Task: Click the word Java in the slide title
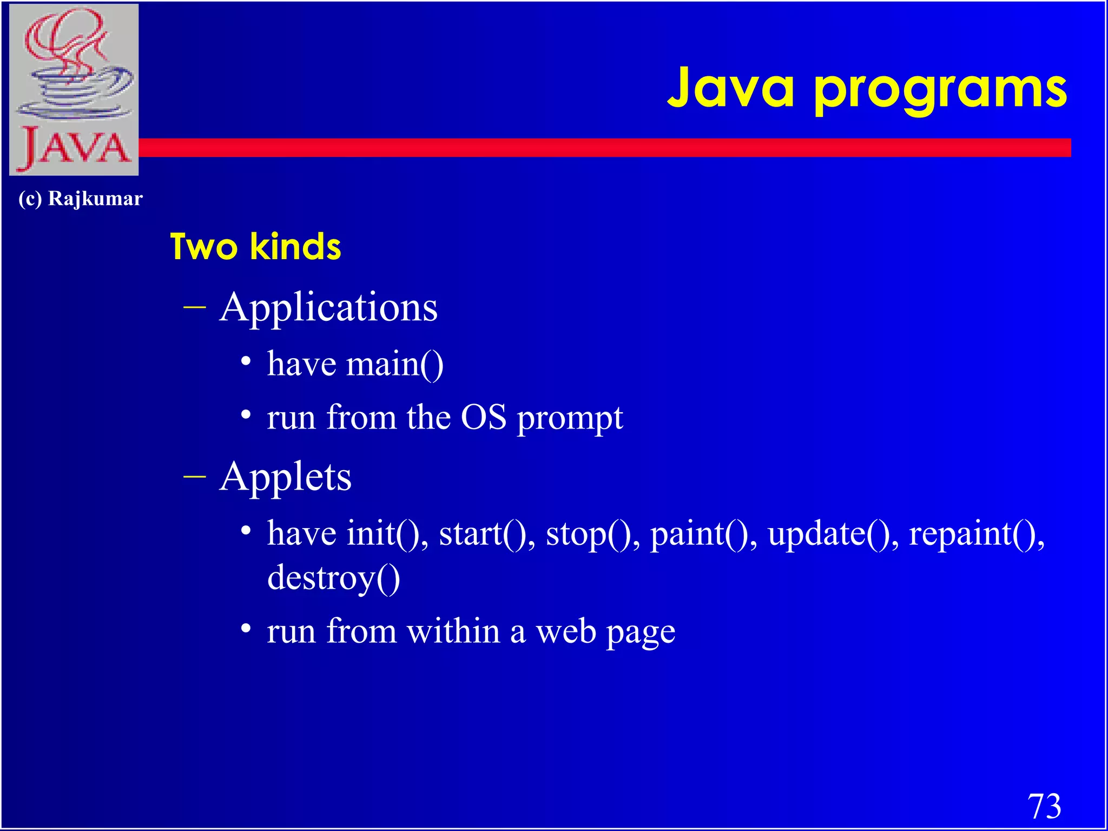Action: click(x=730, y=88)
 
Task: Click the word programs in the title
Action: click(x=940, y=91)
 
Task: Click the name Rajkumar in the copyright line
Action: click(x=95, y=199)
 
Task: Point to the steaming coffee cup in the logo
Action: click(x=76, y=81)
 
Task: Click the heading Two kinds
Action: click(x=255, y=247)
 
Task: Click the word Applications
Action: click(x=328, y=307)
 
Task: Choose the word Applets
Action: click(x=285, y=477)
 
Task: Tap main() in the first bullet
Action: click(x=394, y=364)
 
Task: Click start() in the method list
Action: click(x=486, y=533)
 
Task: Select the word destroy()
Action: click(x=333, y=578)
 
